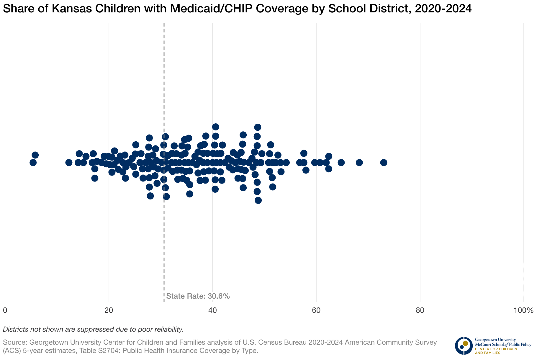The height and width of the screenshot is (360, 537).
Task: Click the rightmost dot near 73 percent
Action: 384,163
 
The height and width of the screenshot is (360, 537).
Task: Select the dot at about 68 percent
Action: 359,163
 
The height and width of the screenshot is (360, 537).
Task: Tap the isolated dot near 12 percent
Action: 69,163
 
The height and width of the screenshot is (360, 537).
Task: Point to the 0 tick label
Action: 5,310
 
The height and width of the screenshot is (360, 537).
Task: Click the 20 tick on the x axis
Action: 109,310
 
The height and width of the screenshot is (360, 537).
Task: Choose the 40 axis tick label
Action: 212,310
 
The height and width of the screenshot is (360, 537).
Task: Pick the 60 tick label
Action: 316,310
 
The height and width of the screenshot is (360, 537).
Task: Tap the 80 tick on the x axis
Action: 420,310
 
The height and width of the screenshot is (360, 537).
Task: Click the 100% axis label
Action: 523,310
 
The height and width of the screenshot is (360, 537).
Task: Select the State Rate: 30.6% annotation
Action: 198,296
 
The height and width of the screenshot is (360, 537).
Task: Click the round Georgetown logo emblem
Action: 464,346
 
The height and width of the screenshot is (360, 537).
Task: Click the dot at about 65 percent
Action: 341,163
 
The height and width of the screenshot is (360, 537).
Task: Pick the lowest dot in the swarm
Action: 258,200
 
